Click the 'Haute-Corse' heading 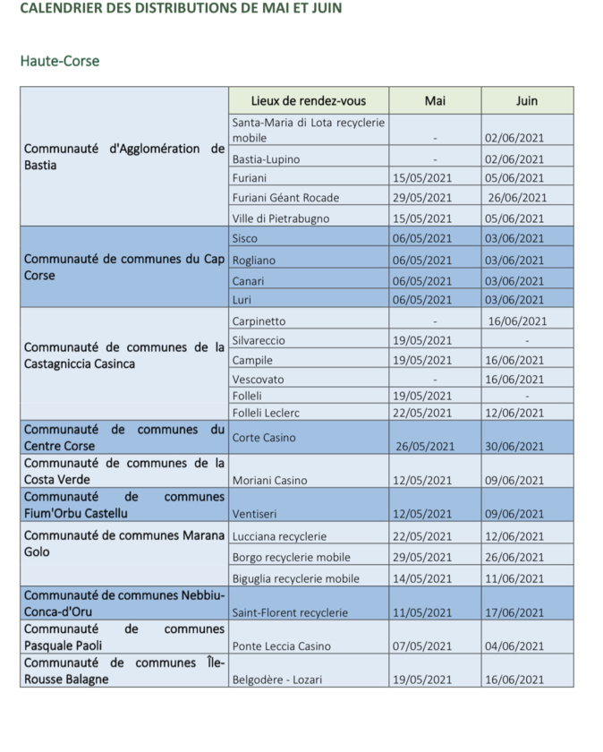[59, 62]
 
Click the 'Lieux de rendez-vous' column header [308, 100]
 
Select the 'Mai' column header [435, 100]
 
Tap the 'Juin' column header [527, 100]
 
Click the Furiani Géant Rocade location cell [285, 198]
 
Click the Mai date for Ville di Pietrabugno [422, 218]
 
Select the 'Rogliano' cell [254, 261]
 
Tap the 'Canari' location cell [248, 280]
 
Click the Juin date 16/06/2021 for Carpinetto [517, 321]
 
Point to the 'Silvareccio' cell [260, 341]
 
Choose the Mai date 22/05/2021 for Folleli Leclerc [422, 413]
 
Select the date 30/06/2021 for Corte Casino [516, 447]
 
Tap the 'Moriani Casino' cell [269, 481]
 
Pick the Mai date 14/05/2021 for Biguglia [422, 579]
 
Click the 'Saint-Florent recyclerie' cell [288, 613]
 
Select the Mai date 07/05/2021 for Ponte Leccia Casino [422, 646]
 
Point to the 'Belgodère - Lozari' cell [277, 679]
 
